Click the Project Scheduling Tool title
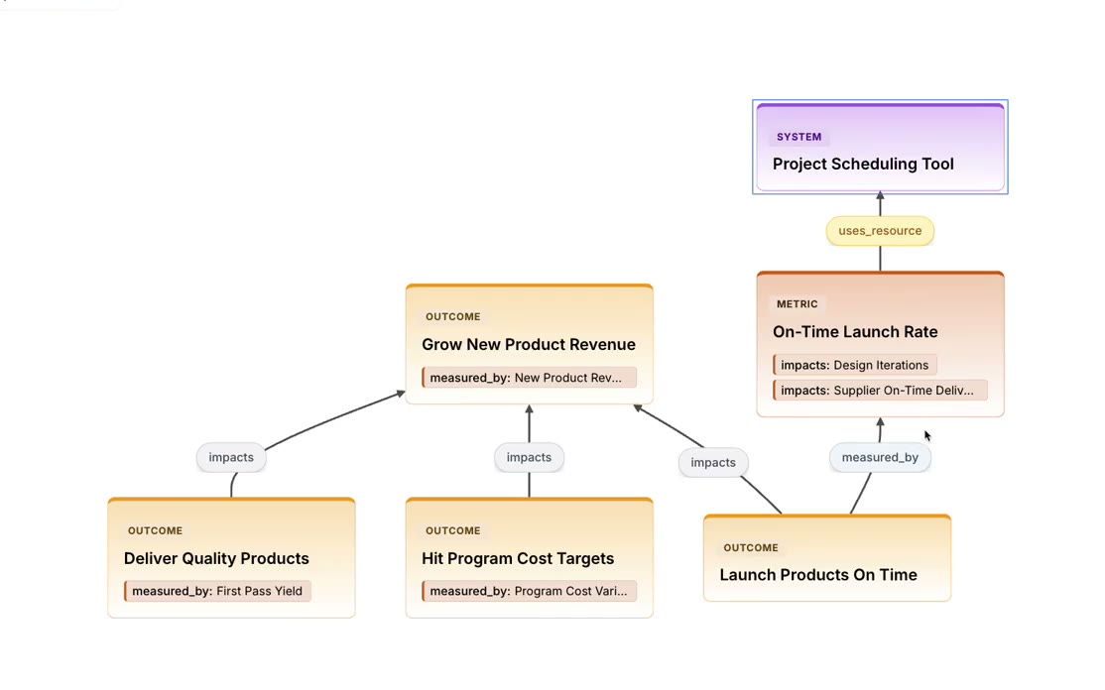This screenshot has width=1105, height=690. point(863,164)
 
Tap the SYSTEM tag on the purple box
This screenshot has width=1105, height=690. point(798,137)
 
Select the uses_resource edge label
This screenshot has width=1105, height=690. point(880,231)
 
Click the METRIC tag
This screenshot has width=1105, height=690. point(798,304)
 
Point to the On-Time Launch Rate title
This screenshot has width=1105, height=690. point(855,332)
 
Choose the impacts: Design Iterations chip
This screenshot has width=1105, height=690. point(854,365)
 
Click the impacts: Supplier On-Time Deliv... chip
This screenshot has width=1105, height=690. point(880,390)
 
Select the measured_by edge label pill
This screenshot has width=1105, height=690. point(880,458)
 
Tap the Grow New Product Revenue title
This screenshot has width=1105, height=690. point(529,344)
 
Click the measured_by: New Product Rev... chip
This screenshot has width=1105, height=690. point(529,378)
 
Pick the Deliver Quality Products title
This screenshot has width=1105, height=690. point(216,558)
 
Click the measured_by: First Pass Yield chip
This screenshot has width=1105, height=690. point(217,591)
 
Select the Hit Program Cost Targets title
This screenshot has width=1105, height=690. point(518,558)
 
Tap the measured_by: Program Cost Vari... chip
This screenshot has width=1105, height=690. point(529,591)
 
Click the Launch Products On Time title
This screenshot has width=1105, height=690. point(818,575)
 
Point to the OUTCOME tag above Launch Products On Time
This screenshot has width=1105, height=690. point(751,548)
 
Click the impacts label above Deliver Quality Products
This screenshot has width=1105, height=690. point(231,458)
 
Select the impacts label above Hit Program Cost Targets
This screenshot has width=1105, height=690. point(529,458)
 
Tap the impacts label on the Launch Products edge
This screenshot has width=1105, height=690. point(713,463)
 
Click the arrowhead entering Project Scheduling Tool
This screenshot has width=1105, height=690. point(880,195)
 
